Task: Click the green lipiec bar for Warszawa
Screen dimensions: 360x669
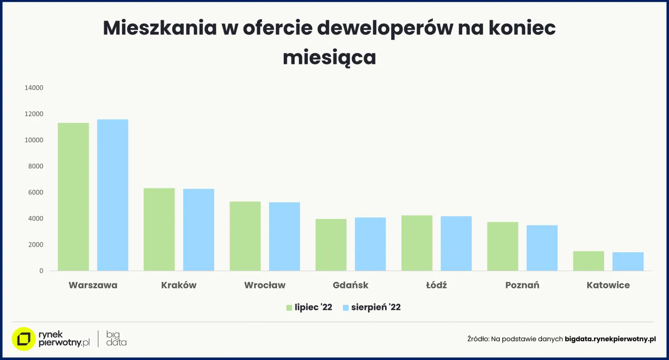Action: (x=73, y=196)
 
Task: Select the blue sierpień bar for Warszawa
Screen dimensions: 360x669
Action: (x=112, y=195)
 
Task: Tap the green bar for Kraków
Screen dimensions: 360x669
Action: (x=159, y=229)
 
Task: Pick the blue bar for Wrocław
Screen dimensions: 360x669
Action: (x=284, y=236)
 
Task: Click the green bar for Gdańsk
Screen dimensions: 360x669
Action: (x=331, y=245)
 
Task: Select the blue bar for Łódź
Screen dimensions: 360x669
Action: (x=456, y=243)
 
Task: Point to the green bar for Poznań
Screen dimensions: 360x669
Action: (x=503, y=246)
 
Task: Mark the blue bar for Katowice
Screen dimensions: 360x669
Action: (x=627, y=261)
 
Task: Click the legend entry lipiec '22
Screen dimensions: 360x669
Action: (x=309, y=307)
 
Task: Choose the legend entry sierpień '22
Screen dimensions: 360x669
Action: (x=372, y=307)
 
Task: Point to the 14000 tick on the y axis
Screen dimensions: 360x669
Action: (x=34, y=88)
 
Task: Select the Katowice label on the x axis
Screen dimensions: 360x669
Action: (x=608, y=285)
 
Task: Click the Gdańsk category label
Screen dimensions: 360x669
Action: (x=350, y=285)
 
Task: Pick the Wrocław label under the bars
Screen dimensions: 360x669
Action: (x=265, y=285)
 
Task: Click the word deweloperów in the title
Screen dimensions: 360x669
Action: (x=385, y=28)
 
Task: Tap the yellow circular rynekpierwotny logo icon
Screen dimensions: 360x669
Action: (x=23, y=339)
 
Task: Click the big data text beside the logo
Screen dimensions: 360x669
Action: (x=116, y=338)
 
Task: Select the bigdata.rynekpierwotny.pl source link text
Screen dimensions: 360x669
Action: (x=610, y=339)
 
